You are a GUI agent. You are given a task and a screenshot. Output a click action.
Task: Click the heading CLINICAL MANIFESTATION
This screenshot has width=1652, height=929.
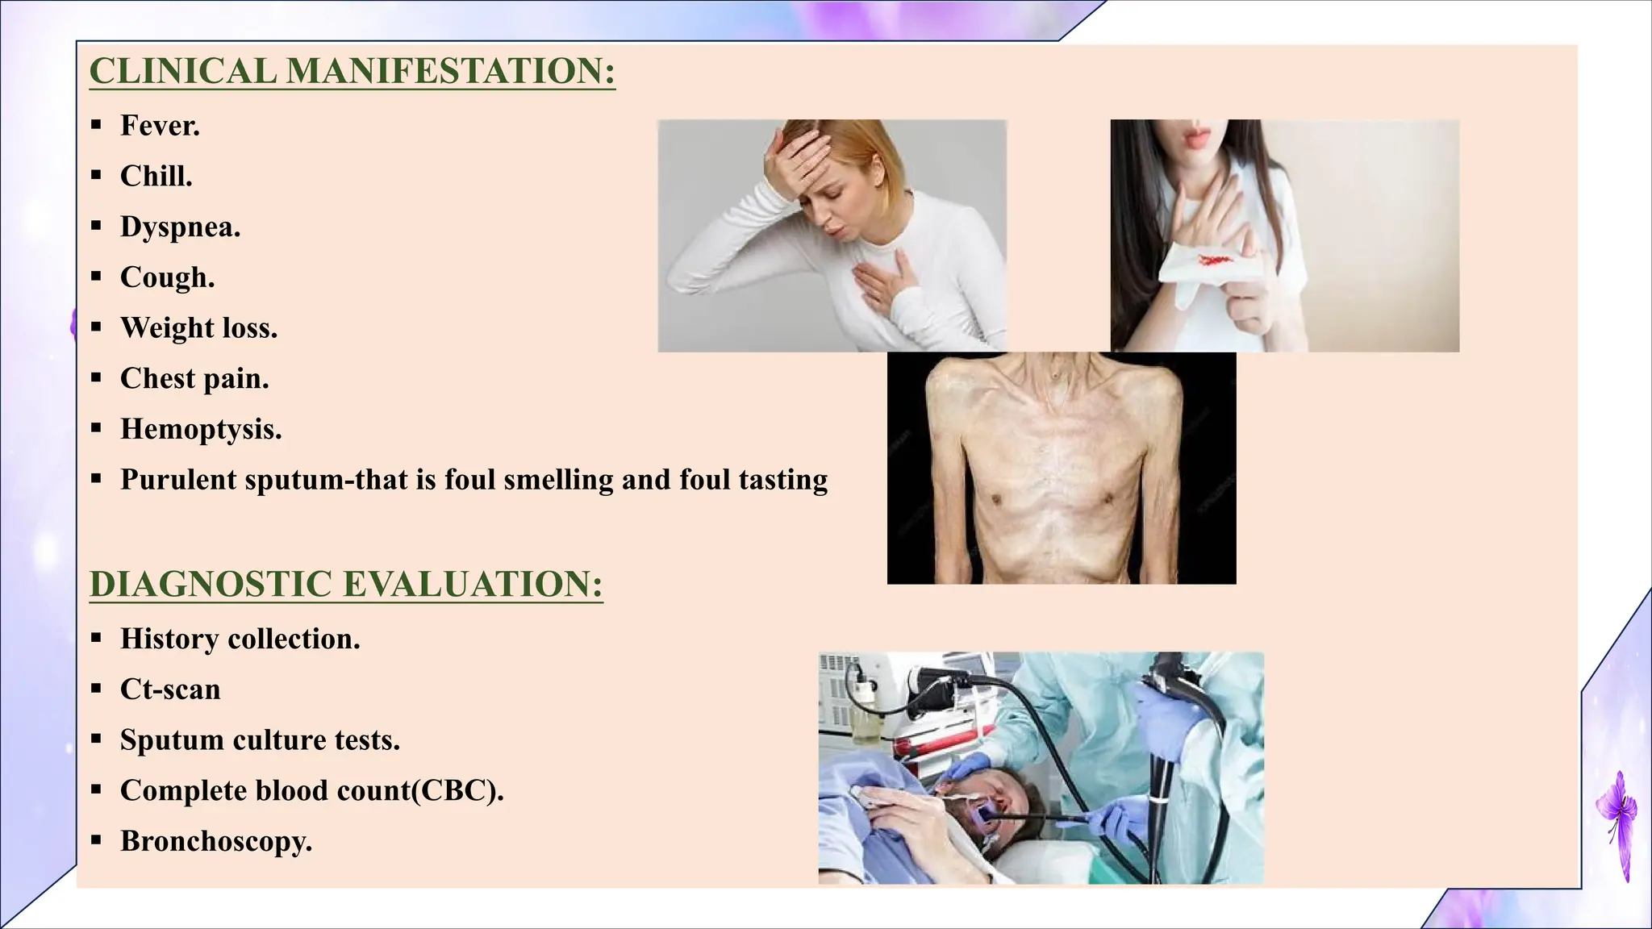pos(352,71)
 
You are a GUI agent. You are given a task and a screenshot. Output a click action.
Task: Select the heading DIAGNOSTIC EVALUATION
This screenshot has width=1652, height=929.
pos(345,584)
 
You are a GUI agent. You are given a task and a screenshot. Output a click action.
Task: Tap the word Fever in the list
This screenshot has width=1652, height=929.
pos(159,126)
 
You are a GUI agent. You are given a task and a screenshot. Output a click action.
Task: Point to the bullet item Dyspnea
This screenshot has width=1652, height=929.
pos(179,227)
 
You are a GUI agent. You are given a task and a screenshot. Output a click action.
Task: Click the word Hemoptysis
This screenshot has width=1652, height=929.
pos(200,429)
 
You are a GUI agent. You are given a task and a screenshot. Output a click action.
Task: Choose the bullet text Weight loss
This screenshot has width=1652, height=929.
pos(198,328)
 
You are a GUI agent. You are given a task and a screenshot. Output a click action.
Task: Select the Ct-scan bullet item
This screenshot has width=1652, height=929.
pos(170,689)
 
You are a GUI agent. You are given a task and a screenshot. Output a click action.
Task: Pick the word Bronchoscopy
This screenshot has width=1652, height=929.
pos(215,841)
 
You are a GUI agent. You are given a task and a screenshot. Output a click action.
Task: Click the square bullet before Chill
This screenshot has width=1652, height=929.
pos(96,176)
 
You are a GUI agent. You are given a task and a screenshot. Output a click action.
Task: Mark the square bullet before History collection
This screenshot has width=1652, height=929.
pos(96,639)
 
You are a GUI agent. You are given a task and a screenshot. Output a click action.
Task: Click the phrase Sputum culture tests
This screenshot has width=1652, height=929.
pos(260,740)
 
